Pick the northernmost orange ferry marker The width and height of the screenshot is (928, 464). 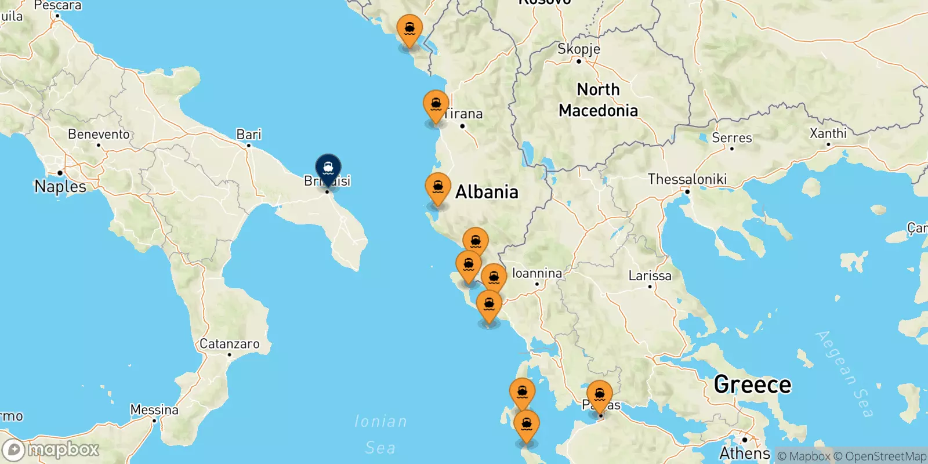pyautogui.click(x=409, y=30)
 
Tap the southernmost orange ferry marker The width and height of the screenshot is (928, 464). pyautogui.click(x=526, y=426)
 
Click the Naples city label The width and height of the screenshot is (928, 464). pyautogui.click(x=60, y=186)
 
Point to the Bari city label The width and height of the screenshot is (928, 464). pyautogui.click(x=249, y=135)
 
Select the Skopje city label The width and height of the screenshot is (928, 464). pyautogui.click(x=578, y=49)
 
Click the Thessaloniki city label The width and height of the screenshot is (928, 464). pyautogui.click(x=687, y=179)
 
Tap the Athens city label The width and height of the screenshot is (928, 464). pyautogui.click(x=745, y=452)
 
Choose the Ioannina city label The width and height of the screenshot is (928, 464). pyautogui.click(x=536, y=273)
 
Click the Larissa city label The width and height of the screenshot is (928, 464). pyautogui.click(x=650, y=276)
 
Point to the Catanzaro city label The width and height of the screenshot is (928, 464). pyautogui.click(x=230, y=344)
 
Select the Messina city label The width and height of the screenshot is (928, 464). pyautogui.click(x=154, y=410)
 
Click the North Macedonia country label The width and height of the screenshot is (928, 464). pyautogui.click(x=598, y=100)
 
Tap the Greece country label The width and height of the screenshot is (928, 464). pyautogui.click(x=752, y=385)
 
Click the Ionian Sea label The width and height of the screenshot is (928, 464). pyautogui.click(x=380, y=434)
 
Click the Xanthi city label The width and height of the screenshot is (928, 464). pyautogui.click(x=828, y=133)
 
